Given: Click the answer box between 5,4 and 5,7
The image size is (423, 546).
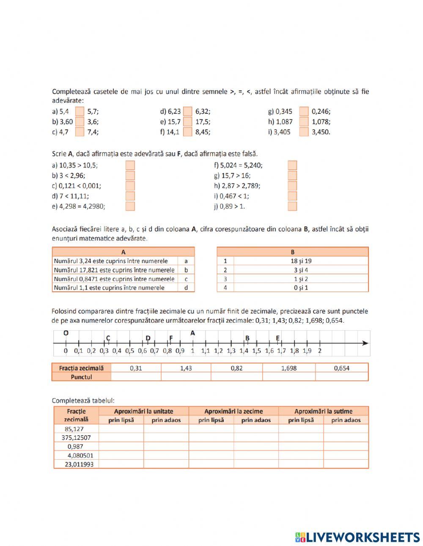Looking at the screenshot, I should (80, 112).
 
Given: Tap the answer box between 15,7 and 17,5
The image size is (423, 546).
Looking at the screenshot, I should (187, 122).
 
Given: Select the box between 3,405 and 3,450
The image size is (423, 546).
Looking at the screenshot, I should (304, 132).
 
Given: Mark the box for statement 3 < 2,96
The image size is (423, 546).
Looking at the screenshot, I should (130, 176).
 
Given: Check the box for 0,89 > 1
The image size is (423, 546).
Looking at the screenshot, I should (292, 206).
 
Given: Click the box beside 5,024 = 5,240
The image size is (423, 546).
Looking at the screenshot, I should (292, 165).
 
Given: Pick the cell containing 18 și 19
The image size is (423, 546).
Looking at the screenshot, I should (301, 261).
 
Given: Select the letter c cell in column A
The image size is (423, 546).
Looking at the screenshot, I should (186, 279).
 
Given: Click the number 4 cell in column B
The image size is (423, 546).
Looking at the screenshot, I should (225, 288).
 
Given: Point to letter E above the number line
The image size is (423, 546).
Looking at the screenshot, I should (278, 337).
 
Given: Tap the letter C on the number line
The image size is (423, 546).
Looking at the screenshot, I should (108, 338).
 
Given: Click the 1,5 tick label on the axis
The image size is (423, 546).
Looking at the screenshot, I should (256, 351).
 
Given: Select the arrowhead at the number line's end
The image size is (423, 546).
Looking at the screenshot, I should (365, 343).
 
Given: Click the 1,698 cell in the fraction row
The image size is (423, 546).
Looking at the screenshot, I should (289, 368).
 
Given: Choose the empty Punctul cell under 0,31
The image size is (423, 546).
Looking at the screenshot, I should (136, 377).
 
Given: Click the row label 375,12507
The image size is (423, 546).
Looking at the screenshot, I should (76, 438).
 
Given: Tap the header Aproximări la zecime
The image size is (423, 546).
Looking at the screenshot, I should (233, 411).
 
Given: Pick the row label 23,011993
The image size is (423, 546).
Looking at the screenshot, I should (79, 464).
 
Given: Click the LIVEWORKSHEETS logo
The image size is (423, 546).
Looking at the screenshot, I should (357, 537).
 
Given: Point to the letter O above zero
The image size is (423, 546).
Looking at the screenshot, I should (66, 333).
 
